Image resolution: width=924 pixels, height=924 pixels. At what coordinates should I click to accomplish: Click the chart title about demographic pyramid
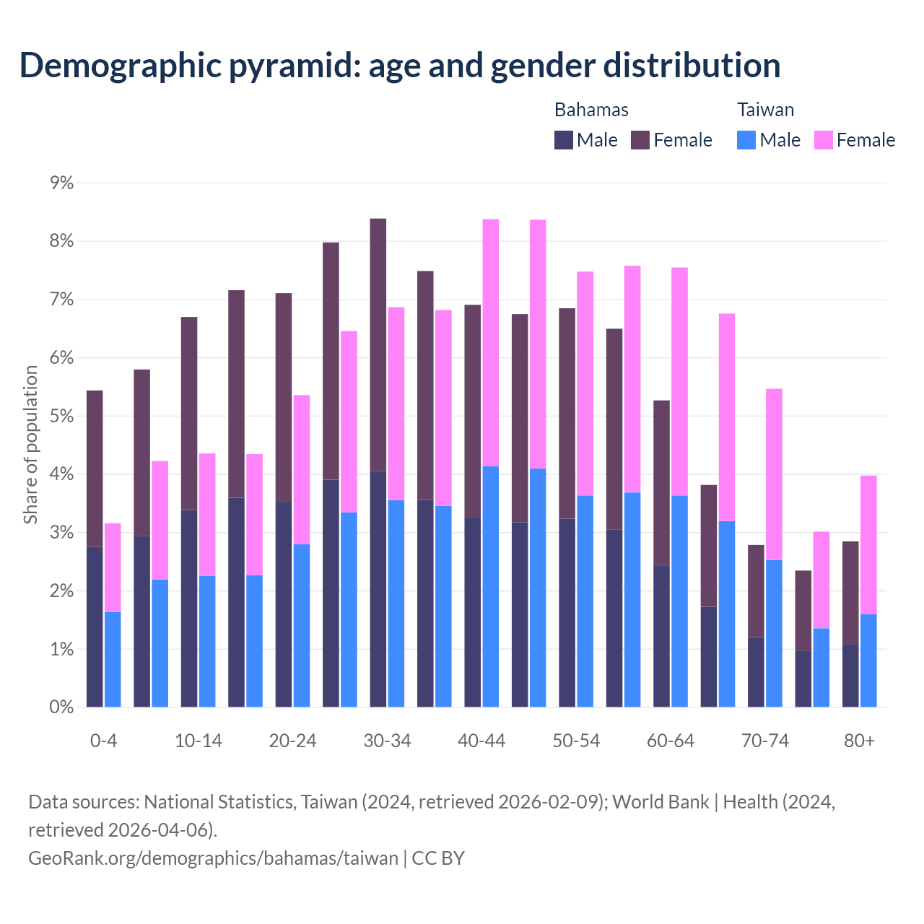point(400,66)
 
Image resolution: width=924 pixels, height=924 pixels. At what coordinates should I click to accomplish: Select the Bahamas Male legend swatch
point(563,140)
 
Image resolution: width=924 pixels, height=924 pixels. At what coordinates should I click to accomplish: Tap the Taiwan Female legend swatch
point(823,140)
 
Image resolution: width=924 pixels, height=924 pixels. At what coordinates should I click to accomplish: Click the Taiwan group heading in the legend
point(765,110)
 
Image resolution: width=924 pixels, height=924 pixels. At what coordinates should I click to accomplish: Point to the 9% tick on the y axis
point(62,183)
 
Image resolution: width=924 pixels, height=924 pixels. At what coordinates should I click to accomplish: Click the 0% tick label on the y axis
point(62,707)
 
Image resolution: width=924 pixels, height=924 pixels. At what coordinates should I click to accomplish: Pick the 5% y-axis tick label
point(62,417)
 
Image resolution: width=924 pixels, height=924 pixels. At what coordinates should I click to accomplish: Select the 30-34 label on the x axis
point(387,741)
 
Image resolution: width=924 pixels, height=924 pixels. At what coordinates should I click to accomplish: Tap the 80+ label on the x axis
point(859,741)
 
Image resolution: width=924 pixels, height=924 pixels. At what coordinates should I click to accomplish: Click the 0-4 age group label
point(103,741)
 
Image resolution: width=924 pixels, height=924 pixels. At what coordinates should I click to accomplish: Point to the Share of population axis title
point(30,445)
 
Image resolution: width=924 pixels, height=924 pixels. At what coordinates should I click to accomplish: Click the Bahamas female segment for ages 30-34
point(378,344)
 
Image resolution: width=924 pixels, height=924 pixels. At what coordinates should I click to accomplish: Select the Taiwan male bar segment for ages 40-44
point(491,586)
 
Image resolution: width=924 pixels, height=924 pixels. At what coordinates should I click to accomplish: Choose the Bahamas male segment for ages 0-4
point(95,627)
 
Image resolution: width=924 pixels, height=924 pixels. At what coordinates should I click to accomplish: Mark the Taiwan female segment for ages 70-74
point(774,474)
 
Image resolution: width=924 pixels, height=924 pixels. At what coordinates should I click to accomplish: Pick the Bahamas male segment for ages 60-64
point(661,636)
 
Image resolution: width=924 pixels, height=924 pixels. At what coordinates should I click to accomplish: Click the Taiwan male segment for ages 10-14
point(207,641)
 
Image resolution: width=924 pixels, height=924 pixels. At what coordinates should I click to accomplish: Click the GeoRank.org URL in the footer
point(213,858)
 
